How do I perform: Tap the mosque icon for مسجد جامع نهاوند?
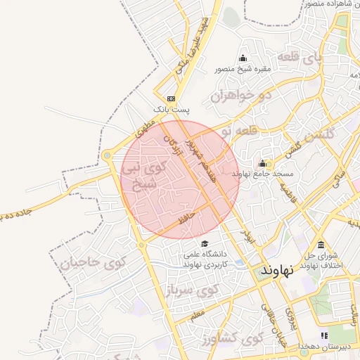266,163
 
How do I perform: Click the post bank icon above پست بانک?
171,98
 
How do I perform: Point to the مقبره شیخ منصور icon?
243,58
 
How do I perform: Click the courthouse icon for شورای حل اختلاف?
321,245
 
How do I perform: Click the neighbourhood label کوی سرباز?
193,288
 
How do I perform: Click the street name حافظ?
184,219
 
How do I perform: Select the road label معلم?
198,311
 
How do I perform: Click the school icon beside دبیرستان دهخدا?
324,336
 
